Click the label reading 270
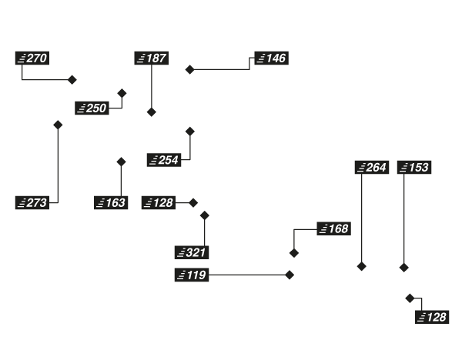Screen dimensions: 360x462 click(33, 58)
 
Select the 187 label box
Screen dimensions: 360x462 click(152, 58)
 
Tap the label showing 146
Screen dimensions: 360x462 click(271, 58)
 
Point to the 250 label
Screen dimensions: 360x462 click(92, 108)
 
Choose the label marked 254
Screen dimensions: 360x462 click(163, 160)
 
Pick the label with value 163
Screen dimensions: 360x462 click(110, 203)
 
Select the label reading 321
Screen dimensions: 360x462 click(192, 252)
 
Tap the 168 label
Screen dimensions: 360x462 click(333, 229)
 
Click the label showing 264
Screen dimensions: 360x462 click(370, 167)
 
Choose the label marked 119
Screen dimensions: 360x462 click(192, 274)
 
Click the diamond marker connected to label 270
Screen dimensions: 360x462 click(73, 79)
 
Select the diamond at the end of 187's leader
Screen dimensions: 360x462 click(152, 112)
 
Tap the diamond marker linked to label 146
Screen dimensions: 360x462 click(189, 69)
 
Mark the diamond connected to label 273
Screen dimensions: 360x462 click(57, 125)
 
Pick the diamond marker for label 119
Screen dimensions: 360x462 click(290, 274)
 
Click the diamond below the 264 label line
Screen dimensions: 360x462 click(360, 267)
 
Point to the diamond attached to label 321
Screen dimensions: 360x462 click(205, 215)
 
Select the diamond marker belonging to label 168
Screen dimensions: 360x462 click(293, 252)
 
